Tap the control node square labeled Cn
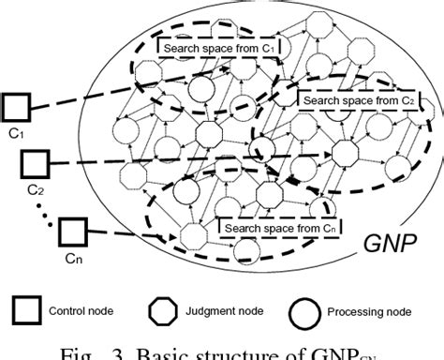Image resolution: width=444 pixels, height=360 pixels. pos(73,231)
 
